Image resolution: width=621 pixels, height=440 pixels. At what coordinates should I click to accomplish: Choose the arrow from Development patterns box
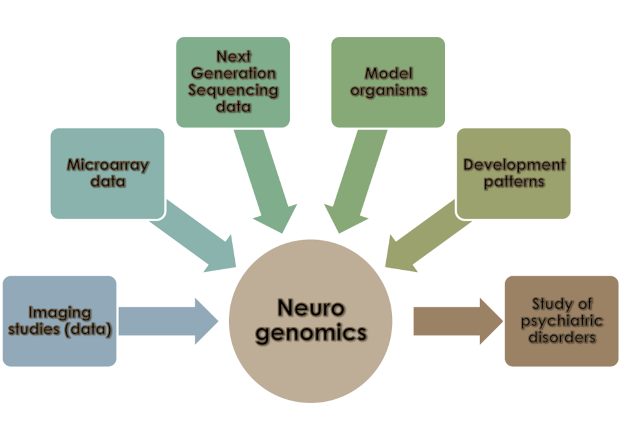(x=427, y=239)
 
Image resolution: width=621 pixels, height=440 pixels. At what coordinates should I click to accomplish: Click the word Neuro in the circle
(x=311, y=308)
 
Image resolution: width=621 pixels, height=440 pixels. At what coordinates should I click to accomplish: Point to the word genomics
(x=311, y=333)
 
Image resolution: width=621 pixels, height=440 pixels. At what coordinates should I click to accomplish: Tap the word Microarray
(x=107, y=165)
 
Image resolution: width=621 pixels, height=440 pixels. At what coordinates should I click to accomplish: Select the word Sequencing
(x=233, y=89)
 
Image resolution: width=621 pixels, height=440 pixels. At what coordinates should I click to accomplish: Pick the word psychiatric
(x=561, y=321)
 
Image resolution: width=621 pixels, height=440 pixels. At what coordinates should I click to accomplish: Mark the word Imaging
(x=59, y=314)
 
